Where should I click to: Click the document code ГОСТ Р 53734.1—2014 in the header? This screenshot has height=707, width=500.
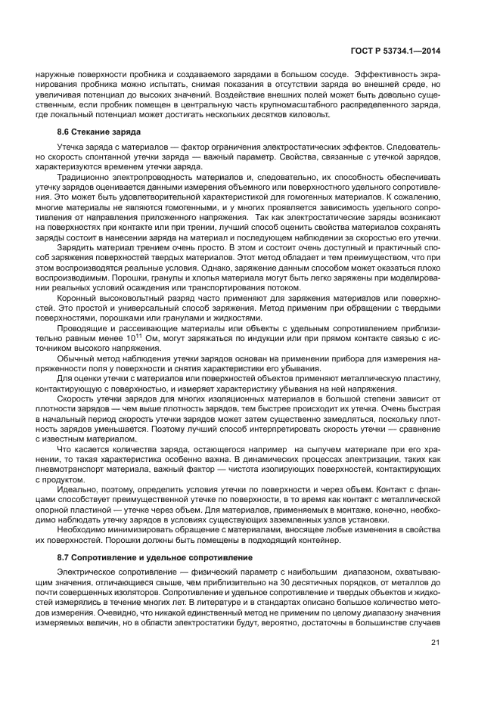[x=401, y=51]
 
